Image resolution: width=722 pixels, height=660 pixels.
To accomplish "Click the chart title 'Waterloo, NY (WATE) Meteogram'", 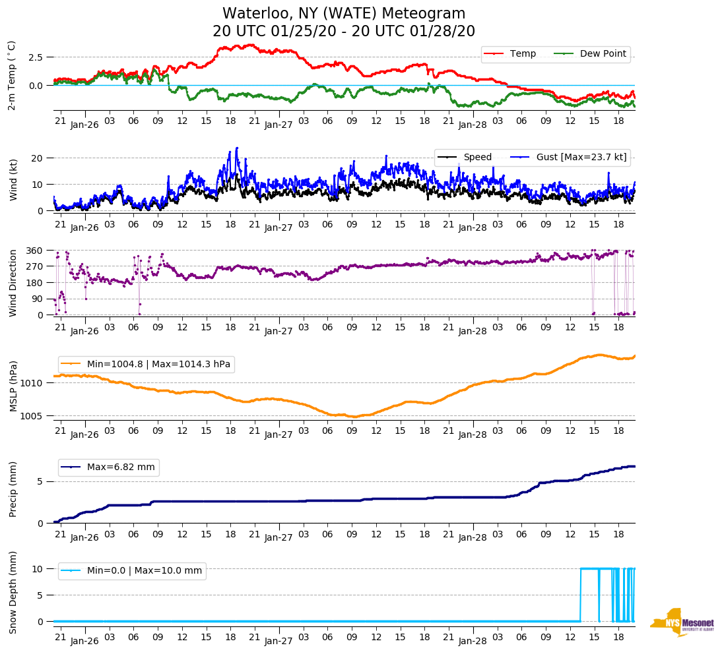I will pyautogui.click(x=344, y=13).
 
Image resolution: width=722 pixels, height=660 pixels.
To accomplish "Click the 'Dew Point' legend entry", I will pyautogui.click(x=603, y=54).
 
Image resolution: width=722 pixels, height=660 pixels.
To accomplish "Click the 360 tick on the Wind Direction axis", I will pyautogui.click(x=34, y=251).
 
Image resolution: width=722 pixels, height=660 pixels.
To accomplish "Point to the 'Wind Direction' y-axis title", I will pyautogui.click(x=13, y=283).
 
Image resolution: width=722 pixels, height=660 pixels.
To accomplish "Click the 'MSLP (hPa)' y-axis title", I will pyautogui.click(x=13, y=386).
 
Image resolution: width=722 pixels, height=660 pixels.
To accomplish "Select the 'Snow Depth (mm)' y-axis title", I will pyautogui.click(x=13, y=592).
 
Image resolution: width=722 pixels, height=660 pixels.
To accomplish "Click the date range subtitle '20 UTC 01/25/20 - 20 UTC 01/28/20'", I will pyautogui.click(x=344, y=32).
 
